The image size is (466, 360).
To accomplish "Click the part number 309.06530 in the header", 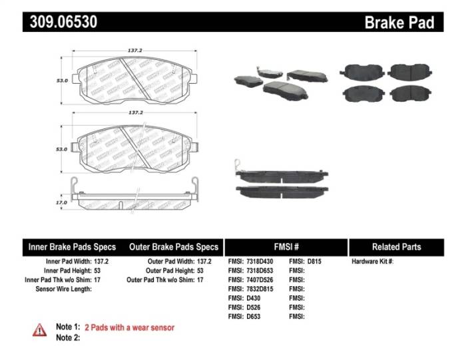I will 63,22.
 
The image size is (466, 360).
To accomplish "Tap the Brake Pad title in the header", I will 399,23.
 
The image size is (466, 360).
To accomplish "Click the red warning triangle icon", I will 40,329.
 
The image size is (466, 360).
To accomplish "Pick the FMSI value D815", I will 315,262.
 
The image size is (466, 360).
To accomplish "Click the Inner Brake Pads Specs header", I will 71,247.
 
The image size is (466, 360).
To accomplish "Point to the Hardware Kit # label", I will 372,262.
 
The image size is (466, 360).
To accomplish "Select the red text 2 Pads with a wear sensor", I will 129,327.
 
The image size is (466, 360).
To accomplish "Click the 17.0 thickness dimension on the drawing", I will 61,202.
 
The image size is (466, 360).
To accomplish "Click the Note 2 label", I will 67,338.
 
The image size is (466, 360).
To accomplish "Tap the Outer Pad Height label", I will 170,271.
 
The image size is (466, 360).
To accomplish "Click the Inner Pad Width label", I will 67,262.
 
